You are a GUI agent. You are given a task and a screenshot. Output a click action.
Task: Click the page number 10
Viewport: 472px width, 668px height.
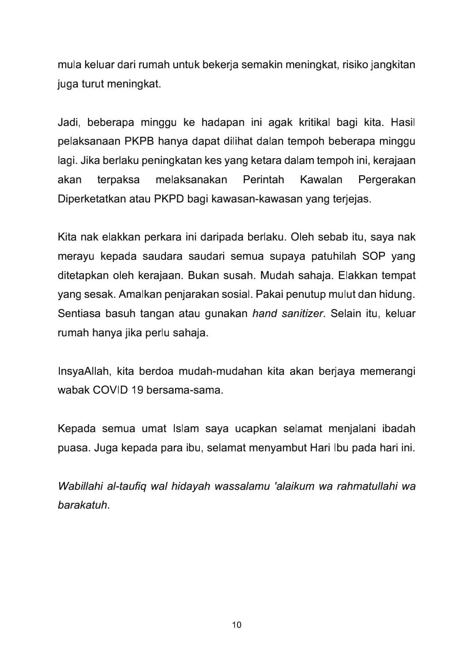[236, 625]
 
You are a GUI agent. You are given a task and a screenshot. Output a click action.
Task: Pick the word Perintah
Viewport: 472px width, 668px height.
[263, 180]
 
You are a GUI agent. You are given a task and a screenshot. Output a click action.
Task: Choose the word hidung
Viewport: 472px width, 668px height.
[397, 294]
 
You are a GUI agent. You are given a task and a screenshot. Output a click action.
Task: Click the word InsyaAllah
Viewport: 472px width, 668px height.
[84, 371]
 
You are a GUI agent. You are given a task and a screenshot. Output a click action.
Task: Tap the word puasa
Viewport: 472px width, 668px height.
[73, 448]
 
